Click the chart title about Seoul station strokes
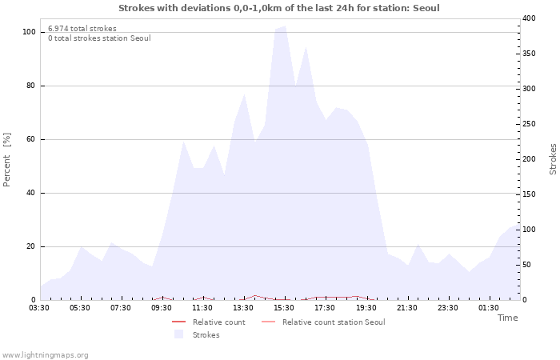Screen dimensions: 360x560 click(279, 8)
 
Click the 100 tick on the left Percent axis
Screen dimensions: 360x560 click(29, 32)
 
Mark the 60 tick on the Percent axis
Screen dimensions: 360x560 click(31, 139)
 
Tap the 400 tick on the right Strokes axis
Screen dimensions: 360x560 click(529, 18)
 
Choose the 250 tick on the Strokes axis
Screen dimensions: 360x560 click(529, 124)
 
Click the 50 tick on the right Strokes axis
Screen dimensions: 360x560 click(526, 265)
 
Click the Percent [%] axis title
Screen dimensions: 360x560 click(7, 160)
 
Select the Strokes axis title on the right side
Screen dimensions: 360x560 click(553, 159)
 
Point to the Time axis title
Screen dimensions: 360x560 click(507, 318)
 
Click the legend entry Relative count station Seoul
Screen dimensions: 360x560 click(334, 322)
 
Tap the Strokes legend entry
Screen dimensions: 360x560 click(206, 335)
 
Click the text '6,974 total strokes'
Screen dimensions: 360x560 click(82, 29)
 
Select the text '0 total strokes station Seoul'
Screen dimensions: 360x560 click(99, 38)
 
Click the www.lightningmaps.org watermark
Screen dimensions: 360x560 click(45, 355)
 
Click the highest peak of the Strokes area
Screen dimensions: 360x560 click(284, 26)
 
